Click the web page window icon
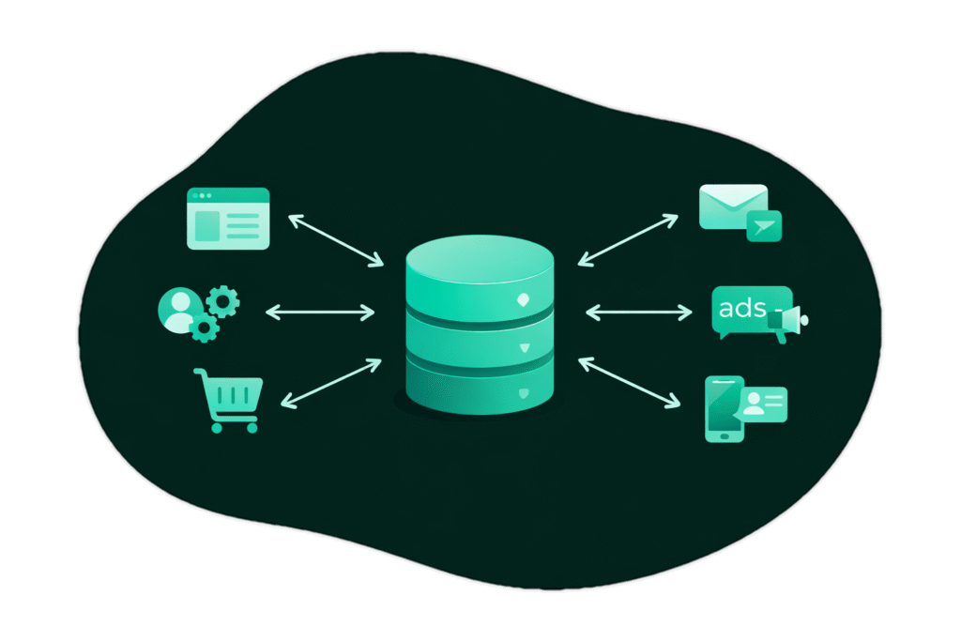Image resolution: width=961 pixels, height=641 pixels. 228,219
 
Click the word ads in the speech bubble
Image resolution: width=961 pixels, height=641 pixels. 741,307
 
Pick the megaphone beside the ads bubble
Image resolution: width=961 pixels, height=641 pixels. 789,321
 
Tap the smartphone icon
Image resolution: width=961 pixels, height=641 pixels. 723,409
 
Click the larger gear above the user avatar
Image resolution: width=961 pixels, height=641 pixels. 222,301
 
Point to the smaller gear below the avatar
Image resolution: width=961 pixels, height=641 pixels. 205,328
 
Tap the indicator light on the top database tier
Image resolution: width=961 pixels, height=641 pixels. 524,300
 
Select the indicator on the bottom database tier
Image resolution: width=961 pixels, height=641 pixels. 524,391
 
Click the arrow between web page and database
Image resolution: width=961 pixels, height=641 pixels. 335,238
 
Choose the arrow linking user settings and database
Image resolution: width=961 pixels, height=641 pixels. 320,310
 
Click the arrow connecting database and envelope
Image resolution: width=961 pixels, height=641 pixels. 628,238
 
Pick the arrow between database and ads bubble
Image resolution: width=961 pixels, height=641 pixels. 638,310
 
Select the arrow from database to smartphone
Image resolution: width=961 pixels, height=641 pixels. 628,382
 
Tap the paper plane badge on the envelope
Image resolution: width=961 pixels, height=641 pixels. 764,225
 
